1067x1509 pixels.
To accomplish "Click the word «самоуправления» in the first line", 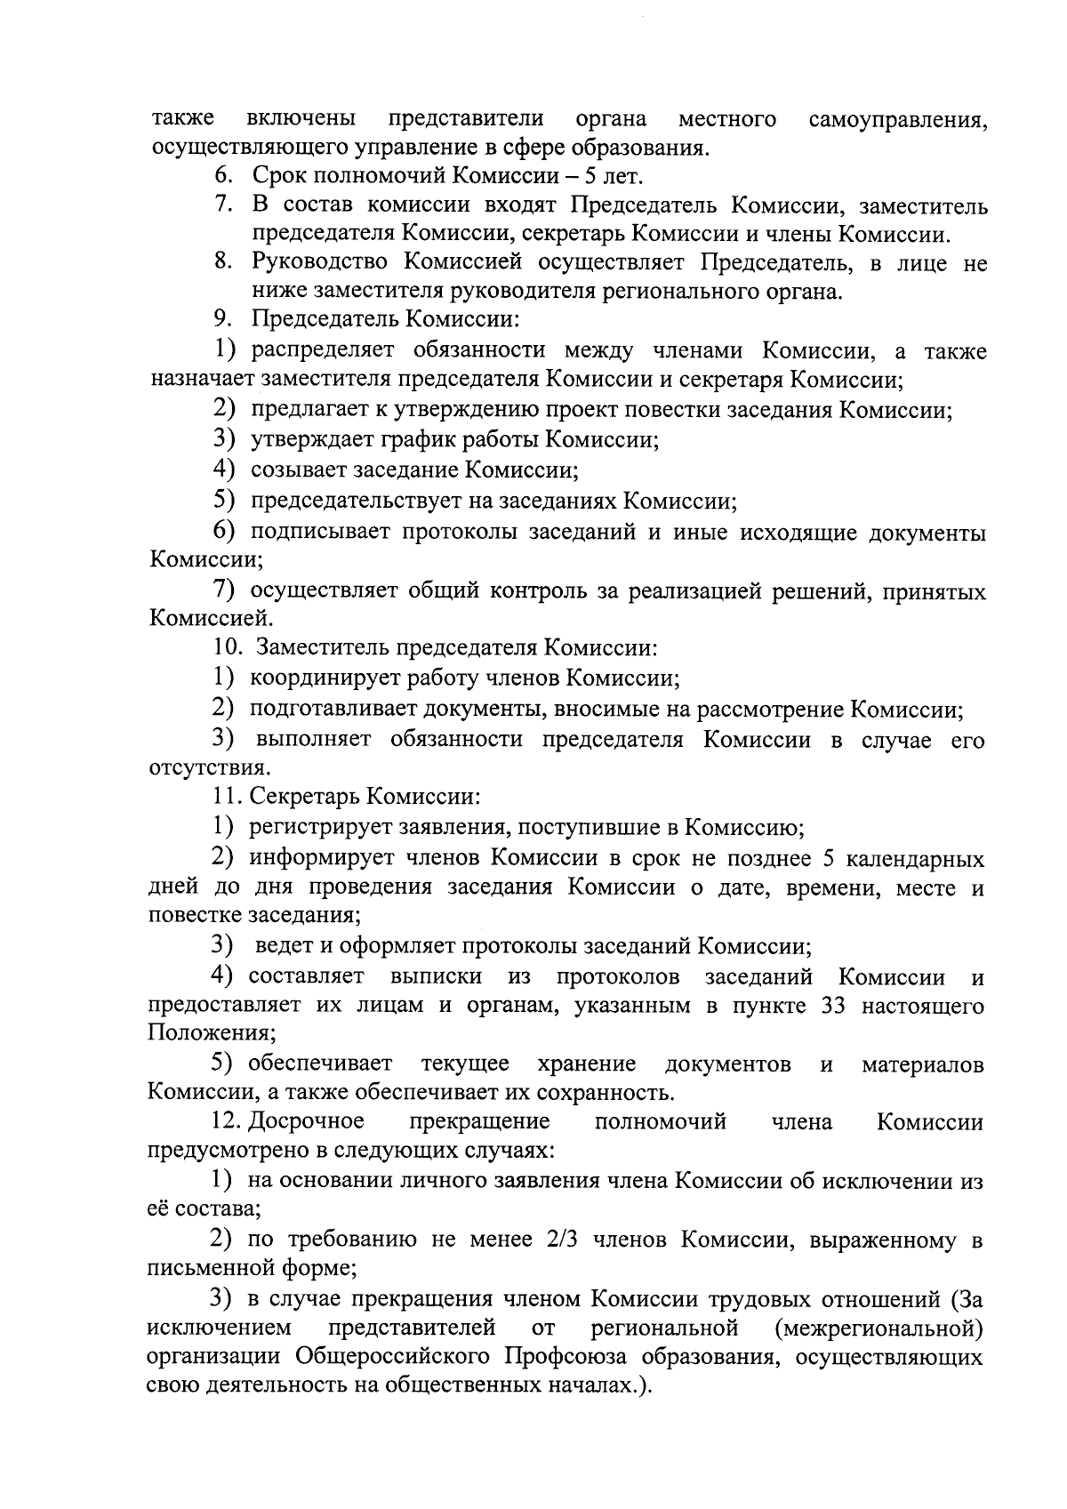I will [x=898, y=119].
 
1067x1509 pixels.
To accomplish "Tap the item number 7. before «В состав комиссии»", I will [x=223, y=206].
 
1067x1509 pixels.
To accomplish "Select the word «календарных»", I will [x=914, y=859].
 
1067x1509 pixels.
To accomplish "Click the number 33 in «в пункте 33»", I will [x=836, y=1007].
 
